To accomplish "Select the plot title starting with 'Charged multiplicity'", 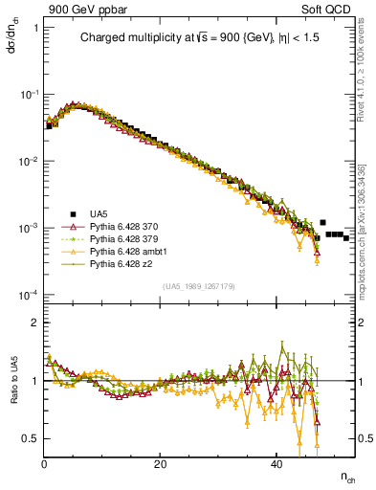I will (198, 39).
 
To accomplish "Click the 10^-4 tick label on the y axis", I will (29, 294).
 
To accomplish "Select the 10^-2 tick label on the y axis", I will (29, 161).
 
